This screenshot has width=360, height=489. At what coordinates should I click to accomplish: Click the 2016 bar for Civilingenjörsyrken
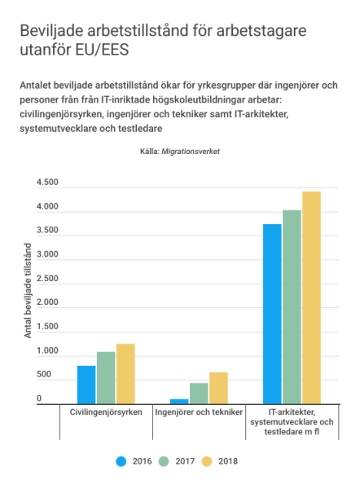pyautogui.click(x=86, y=385)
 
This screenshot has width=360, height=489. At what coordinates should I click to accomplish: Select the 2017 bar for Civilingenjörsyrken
pyautogui.click(x=106, y=378)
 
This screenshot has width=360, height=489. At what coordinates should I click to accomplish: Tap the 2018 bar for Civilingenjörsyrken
pyautogui.click(x=125, y=374)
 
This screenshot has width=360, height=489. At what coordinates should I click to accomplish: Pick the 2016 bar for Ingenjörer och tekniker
pyautogui.click(x=179, y=402)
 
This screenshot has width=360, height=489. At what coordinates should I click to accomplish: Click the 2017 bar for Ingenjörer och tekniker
pyautogui.click(x=199, y=394)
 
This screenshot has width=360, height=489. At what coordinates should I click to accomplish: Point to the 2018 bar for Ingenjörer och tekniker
pyautogui.click(x=218, y=388)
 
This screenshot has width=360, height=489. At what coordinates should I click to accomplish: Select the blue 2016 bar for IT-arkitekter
pyautogui.click(x=272, y=314)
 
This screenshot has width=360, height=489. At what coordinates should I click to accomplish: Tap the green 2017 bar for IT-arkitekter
pyautogui.click(x=292, y=307)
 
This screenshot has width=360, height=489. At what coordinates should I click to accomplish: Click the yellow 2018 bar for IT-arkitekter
pyautogui.click(x=311, y=297)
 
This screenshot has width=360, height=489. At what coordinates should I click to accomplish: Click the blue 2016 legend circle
pyautogui.click(x=121, y=461)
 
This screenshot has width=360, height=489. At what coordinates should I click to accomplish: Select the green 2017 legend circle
pyautogui.click(x=164, y=461)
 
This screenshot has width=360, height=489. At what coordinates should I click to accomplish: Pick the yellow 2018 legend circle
pyautogui.click(x=207, y=461)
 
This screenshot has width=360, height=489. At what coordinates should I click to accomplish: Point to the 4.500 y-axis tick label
pyautogui.click(x=47, y=182)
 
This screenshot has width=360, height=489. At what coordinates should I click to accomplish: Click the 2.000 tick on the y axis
pyautogui.click(x=47, y=302)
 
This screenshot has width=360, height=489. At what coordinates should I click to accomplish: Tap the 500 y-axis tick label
pyautogui.click(x=44, y=374)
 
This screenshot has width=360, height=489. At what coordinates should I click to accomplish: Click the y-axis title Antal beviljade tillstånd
pyautogui.click(x=28, y=291)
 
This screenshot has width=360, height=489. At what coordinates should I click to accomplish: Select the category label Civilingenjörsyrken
pyautogui.click(x=106, y=412)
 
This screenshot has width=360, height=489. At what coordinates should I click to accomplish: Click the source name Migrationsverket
pyautogui.click(x=191, y=152)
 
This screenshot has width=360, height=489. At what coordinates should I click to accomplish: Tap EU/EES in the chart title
pyautogui.click(x=103, y=50)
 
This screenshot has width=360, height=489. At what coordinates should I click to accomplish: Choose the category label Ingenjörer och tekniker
pyautogui.click(x=199, y=412)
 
